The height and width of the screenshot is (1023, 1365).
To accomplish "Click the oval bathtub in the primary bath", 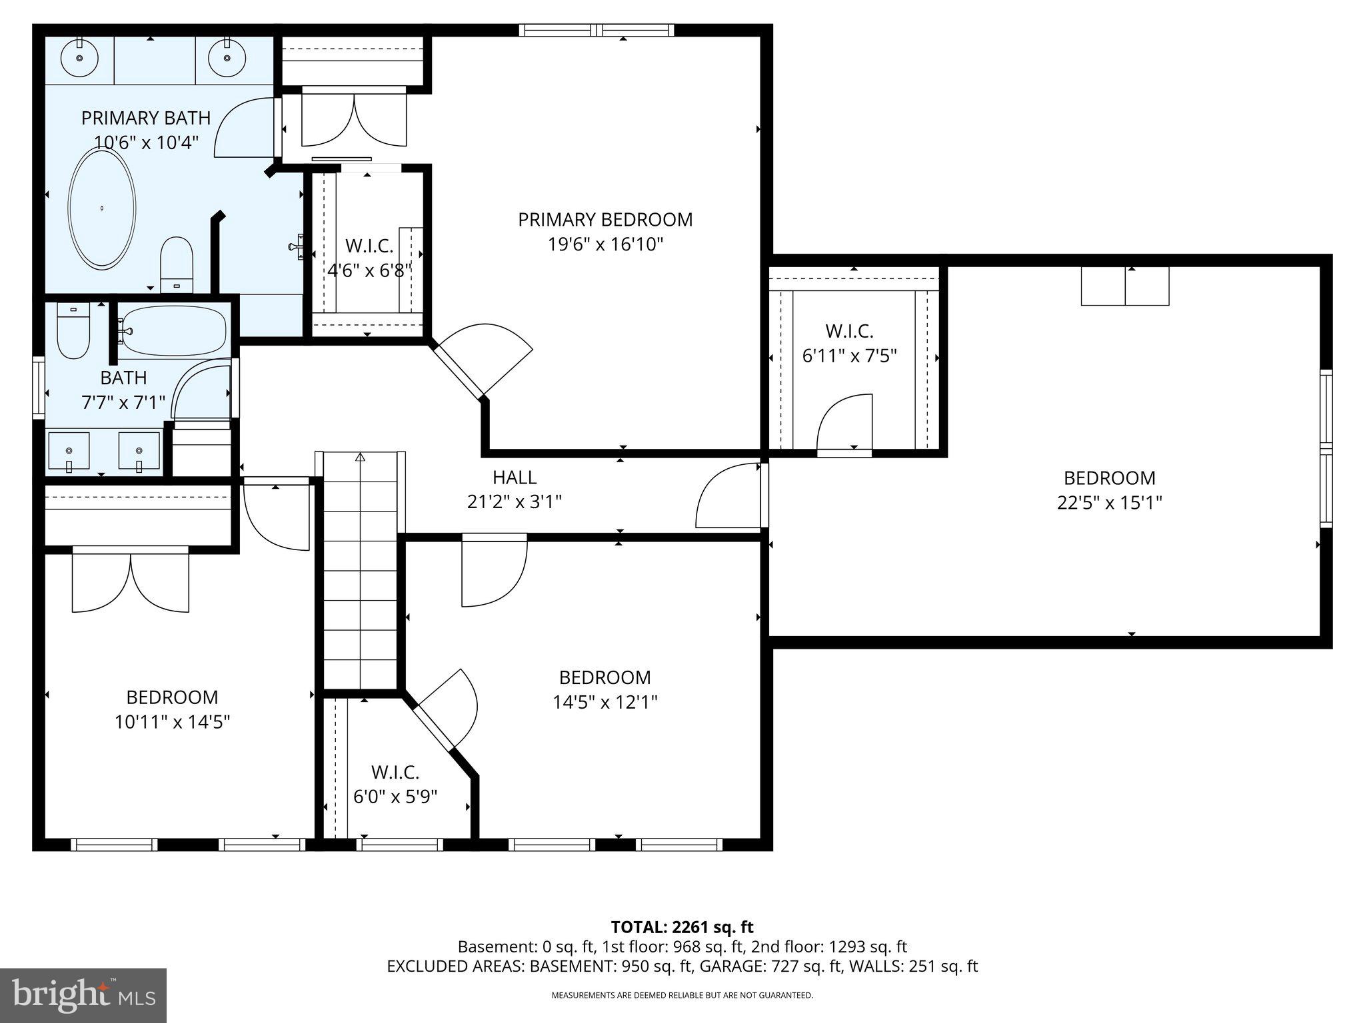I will pyautogui.click(x=103, y=209).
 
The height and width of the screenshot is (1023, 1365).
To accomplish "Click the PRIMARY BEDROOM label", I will pyautogui.click(x=605, y=220).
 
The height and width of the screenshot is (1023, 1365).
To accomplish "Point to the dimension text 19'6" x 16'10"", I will pyautogui.click(x=605, y=244).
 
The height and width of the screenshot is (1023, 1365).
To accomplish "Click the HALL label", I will pyautogui.click(x=515, y=478).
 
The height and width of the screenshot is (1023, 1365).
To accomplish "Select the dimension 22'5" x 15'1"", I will pyautogui.click(x=1109, y=502).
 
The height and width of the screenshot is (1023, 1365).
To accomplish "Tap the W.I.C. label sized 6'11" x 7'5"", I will pyautogui.click(x=849, y=331).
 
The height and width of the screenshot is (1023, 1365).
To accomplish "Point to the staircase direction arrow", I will pyautogui.click(x=361, y=458).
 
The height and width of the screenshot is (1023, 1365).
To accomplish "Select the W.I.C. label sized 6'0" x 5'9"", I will pyautogui.click(x=395, y=773).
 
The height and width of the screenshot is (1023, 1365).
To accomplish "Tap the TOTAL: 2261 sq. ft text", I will pyautogui.click(x=682, y=927).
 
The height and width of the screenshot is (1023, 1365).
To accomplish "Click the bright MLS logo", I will pyautogui.click(x=83, y=996).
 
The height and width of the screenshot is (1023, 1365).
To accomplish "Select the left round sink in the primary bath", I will pyautogui.click(x=79, y=58).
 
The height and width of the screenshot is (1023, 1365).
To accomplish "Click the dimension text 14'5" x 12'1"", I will pyautogui.click(x=605, y=702).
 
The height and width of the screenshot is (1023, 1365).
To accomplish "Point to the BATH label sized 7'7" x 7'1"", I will pyautogui.click(x=123, y=378).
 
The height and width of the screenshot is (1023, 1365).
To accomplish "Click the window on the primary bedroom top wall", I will pyautogui.click(x=597, y=30).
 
